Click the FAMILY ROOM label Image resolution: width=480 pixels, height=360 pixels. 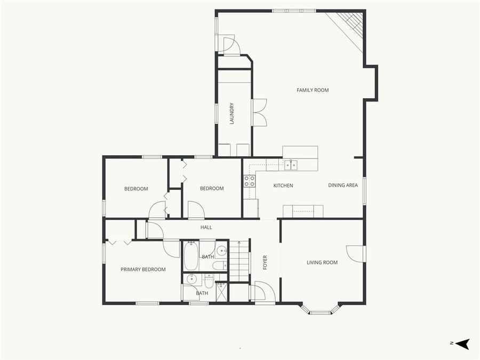[x=313, y=90]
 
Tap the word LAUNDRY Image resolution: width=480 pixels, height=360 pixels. [x=232, y=114]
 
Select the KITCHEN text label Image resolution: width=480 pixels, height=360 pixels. [x=283, y=186]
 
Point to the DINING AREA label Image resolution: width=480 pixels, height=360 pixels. [x=343, y=186]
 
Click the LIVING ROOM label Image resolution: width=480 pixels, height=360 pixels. [x=322, y=262]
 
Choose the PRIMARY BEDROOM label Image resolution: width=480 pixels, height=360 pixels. [x=143, y=269]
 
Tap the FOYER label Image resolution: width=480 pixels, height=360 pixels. [x=265, y=262]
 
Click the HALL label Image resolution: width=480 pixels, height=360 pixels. [x=206, y=227]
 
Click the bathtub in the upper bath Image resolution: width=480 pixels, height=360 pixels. [x=191, y=257]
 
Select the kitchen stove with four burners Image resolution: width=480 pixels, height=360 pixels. [x=249, y=181]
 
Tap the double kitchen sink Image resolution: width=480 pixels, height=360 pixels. [x=291, y=165]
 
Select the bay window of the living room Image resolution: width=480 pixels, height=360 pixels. [x=320, y=310]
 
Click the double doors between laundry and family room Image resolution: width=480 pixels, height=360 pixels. [x=259, y=113]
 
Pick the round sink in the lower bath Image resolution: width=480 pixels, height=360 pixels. [x=191, y=279]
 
